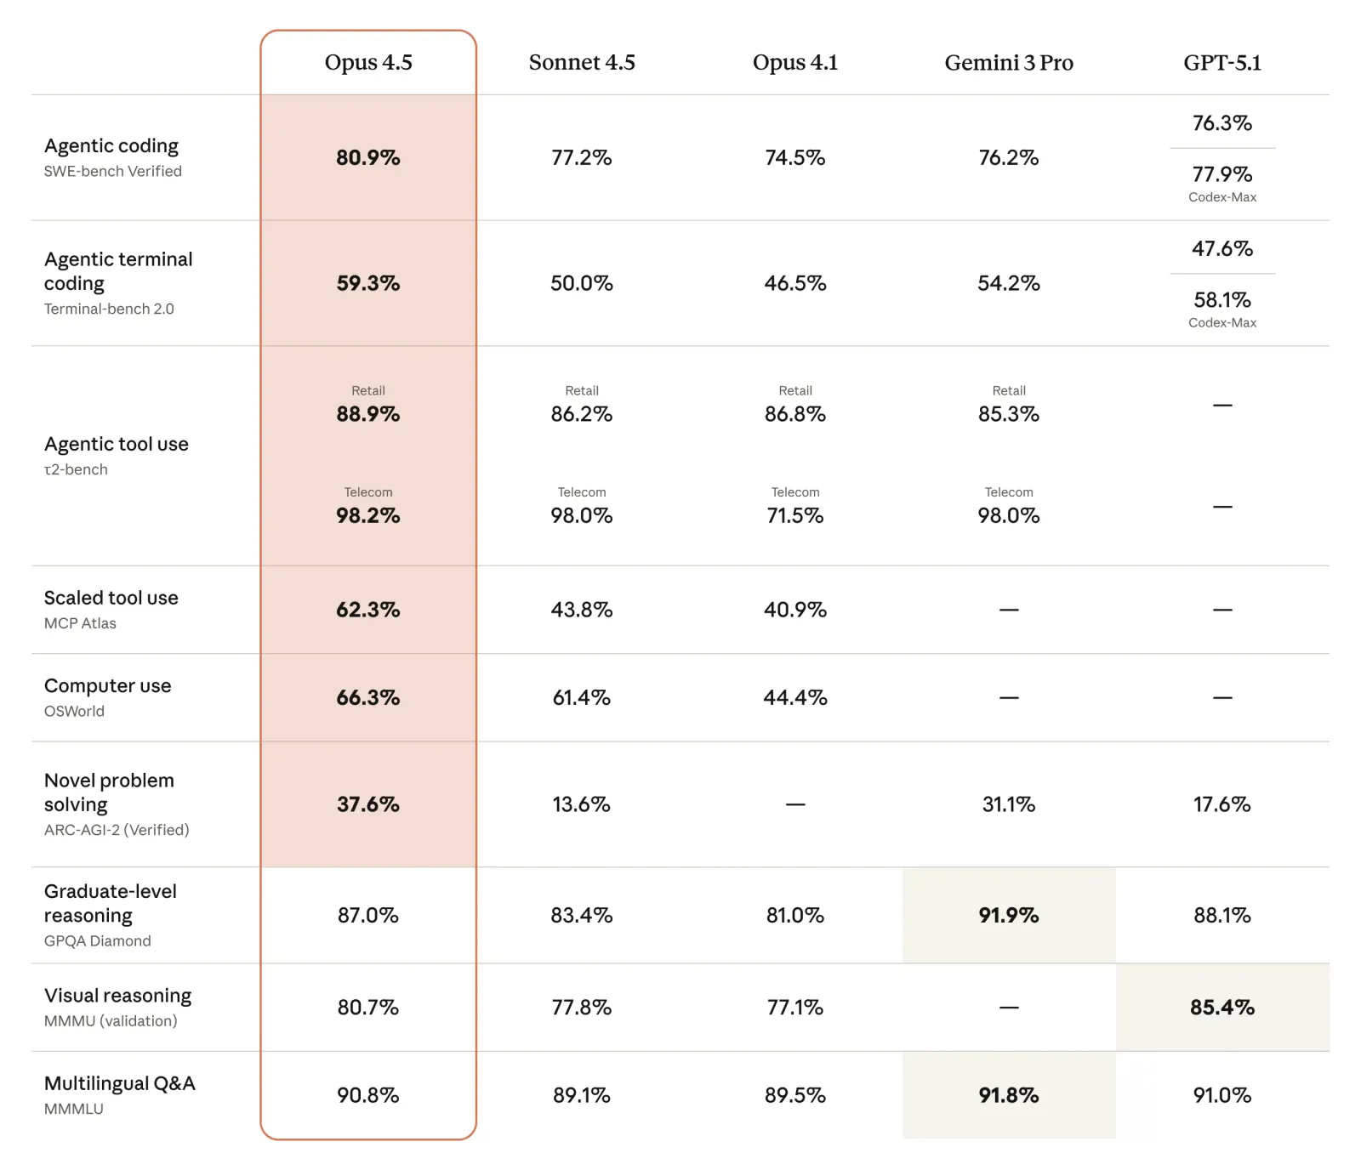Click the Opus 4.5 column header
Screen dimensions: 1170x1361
(368, 63)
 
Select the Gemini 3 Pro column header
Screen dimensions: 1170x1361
(1009, 63)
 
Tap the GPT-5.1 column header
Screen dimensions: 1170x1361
(1222, 63)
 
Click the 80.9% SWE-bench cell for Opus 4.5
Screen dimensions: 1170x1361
(368, 158)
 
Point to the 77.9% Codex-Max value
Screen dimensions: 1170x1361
(1222, 175)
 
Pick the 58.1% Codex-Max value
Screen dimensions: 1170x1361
(1222, 300)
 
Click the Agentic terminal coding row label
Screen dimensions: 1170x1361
(118, 271)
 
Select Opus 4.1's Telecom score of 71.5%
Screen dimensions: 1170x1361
(795, 516)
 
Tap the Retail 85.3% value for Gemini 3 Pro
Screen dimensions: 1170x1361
(1009, 415)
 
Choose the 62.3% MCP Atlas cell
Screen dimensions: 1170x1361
(368, 610)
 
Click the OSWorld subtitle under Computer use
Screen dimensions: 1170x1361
(75, 712)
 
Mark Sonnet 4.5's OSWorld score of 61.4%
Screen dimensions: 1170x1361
(582, 698)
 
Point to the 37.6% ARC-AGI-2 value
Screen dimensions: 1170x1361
(368, 804)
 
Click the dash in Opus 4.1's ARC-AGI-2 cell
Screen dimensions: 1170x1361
(795, 804)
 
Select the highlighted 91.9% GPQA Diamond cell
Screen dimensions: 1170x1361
(1009, 916)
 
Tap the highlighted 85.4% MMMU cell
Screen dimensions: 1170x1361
(1222, 1008)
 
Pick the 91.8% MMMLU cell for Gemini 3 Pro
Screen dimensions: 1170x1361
(1009, 1095)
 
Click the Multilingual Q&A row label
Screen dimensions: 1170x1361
(120, 1084)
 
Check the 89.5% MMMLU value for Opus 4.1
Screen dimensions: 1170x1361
(795, 1095)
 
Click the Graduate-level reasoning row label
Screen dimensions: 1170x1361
(111, 903)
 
